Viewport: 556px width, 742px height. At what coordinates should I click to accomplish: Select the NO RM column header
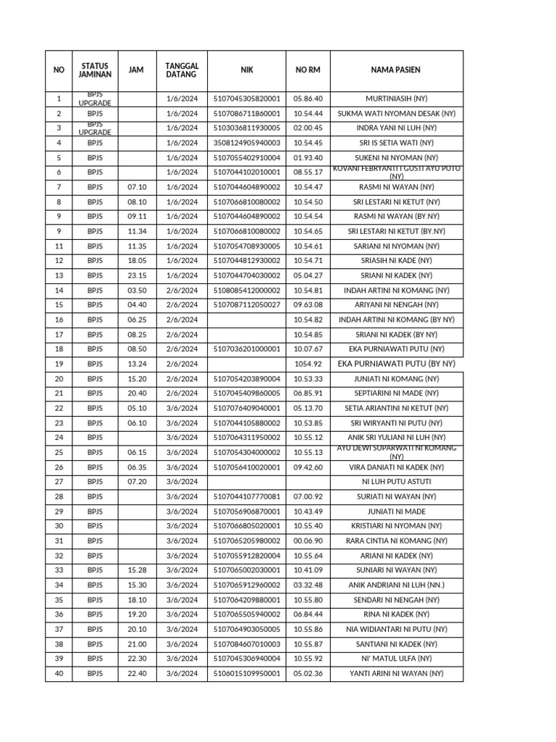[x=308, y=70]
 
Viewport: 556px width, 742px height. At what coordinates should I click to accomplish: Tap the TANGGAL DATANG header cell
[x=182, y=70]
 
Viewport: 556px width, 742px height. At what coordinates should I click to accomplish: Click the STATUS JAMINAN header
[x=95, y=70]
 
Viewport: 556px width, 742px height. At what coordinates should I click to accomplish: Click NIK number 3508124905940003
[x=247, y=143]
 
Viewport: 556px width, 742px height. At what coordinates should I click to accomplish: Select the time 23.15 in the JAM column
[x=137, y=275]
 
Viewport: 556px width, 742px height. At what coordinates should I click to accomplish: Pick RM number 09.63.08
[x=308, y=305]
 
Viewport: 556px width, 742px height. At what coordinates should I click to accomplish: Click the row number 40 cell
[x=59, y=673]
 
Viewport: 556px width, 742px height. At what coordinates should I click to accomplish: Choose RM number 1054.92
[x=308, y=364]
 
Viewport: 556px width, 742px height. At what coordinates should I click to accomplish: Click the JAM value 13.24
[x=137, y=364]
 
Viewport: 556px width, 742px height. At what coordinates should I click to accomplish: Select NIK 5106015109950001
[x=247, y=673]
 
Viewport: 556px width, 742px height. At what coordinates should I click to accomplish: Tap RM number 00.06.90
[x=308, y=541]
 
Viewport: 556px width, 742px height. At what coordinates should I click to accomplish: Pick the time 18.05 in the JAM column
[x=137, y=261]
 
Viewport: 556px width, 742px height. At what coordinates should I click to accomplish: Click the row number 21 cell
[x=59, y=393]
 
